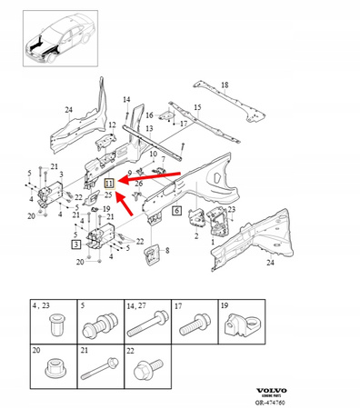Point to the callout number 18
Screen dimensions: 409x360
tap(225, 84)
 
